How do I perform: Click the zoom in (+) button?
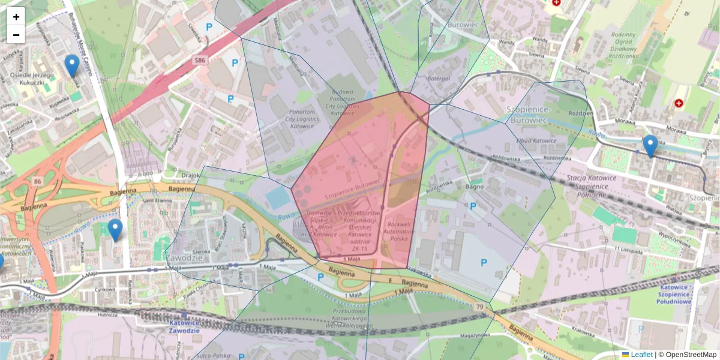tap(16, 17)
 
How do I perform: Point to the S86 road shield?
tap(200, 61)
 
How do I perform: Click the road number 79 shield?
tap(479, 307)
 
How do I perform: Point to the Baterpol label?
tap(439, 79)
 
